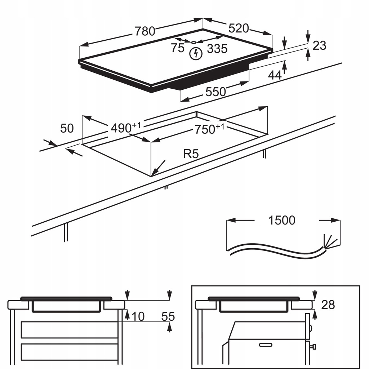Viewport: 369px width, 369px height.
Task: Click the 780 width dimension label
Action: [145, 31]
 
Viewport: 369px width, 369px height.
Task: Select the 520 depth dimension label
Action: [239, 28]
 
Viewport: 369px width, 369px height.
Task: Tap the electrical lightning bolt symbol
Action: [196, 54]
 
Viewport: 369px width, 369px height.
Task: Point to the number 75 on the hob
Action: [178, 48]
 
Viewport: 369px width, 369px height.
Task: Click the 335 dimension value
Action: [217, 48]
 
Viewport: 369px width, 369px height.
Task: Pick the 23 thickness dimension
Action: [319, 45]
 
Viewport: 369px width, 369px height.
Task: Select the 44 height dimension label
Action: [275, 75]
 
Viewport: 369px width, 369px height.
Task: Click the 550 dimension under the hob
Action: [215, 92]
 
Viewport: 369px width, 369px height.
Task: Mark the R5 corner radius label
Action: [191, 154]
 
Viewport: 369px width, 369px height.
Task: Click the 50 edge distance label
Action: [67, 128]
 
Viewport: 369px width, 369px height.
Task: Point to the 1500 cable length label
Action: [282, 220]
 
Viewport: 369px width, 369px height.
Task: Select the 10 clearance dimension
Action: [138, 316]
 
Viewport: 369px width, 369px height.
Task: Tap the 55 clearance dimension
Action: [168, 317]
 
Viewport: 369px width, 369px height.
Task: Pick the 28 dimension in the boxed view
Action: [328, 305]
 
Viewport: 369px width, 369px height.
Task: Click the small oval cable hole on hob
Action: [194, 42]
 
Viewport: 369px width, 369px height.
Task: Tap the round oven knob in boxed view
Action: [314, 347]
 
